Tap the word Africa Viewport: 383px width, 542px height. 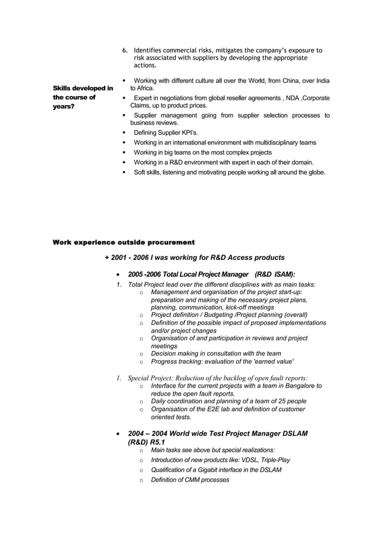click(146, 88)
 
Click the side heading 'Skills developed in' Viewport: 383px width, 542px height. click(83, 88)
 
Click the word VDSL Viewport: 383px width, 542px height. click(237, 460)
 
